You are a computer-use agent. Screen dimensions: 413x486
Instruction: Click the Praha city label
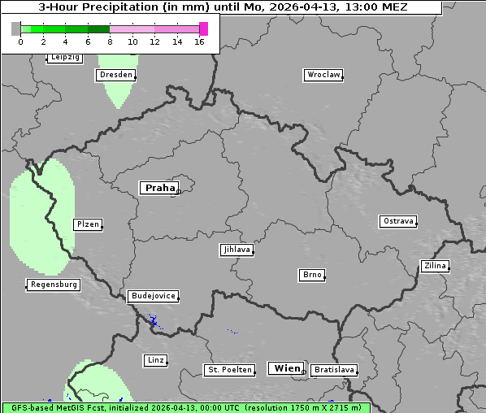[x=159, y=188]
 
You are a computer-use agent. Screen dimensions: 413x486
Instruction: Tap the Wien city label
[x=287, y=368]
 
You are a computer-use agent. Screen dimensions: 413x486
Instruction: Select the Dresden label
[x=115, y=75]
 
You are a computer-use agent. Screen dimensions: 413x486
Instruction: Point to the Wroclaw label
[x=323, y=75]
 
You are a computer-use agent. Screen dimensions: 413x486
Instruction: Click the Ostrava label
[x=398, y=221]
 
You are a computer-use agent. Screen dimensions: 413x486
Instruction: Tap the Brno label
[x=312, y=275]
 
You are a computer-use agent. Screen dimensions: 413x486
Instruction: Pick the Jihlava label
[x=236, y=250]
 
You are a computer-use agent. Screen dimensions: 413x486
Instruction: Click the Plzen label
[x=87, y=224]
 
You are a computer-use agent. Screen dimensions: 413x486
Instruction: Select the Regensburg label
[x=54, y=285]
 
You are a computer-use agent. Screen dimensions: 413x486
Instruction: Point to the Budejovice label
[x=153, y=296]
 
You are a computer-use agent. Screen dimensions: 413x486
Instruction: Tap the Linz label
[x=155, y=359]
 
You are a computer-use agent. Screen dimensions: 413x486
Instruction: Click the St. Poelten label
[x=229, y=370]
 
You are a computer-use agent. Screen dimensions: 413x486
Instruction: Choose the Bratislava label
[x=334, y=370]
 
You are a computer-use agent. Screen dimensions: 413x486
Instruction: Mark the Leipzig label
[x=64, y=57]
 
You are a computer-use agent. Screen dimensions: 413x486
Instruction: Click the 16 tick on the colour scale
[x=199, y=41]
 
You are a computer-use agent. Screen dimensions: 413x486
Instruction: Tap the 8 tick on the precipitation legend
[x=110, y=41]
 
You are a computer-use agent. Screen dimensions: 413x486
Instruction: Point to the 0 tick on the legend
[x=20, y=41]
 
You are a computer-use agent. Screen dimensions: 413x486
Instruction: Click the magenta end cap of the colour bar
[x=203, y=28]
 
